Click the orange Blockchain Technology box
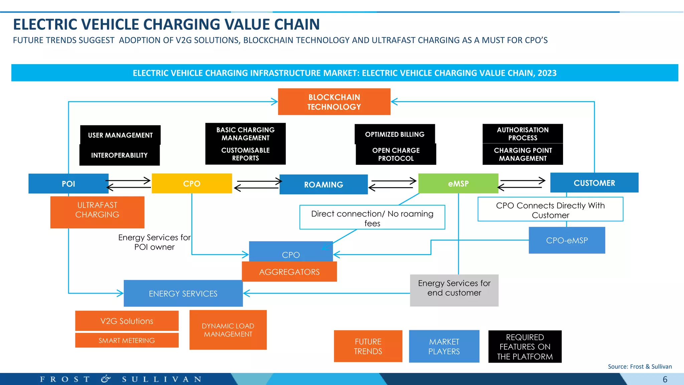[334, 102]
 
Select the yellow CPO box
[192, 183]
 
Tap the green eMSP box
[458, 183]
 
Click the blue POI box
[68, 183]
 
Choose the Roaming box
[323, 184]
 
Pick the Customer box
[594, 183]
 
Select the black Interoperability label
[119, 155]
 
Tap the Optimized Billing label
[394, 134]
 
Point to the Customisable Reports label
[245, 154]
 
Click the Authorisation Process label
[522, 134]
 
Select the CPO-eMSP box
[567, 240]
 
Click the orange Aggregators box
[289, 272]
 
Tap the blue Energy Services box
[183, 293]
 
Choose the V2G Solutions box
[127, 321]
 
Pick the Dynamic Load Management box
[228, 330]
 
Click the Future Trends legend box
[368, 346]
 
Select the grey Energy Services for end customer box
[454, 290]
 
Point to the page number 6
[665, 379]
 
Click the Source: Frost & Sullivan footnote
[640, 367]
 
